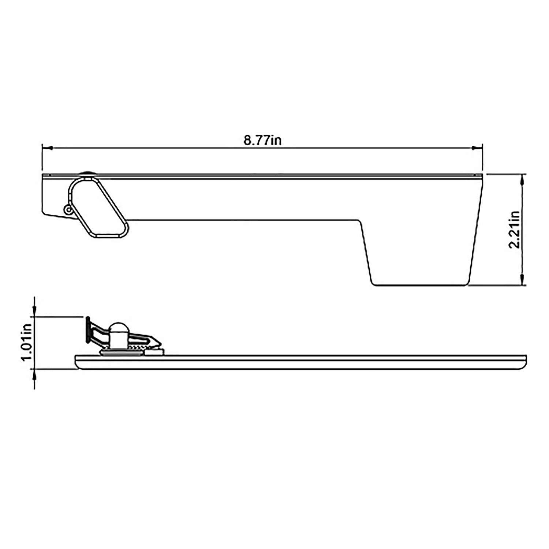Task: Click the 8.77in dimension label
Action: [262, 141]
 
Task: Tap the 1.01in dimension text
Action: [27, 343]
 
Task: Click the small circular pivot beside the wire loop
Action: [68, 209]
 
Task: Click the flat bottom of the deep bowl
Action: [419, 285]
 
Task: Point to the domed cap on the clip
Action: [119, 328]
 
